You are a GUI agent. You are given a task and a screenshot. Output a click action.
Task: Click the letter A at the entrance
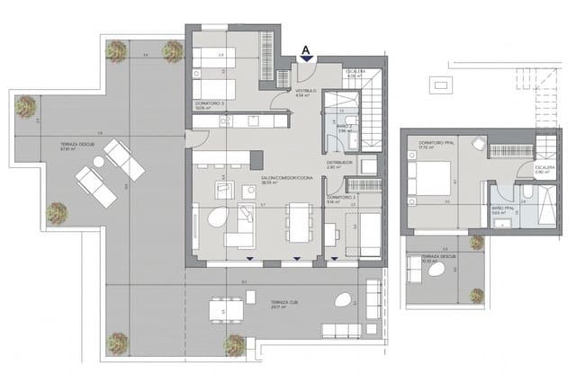(307, 50)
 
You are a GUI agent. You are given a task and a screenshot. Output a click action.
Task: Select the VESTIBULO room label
(306, 92)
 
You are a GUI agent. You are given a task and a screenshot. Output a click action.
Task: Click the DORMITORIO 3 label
(211, 103)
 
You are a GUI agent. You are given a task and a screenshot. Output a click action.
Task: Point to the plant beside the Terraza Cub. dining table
(234, 343)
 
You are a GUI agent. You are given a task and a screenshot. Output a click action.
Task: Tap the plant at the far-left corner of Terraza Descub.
(25, 107)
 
